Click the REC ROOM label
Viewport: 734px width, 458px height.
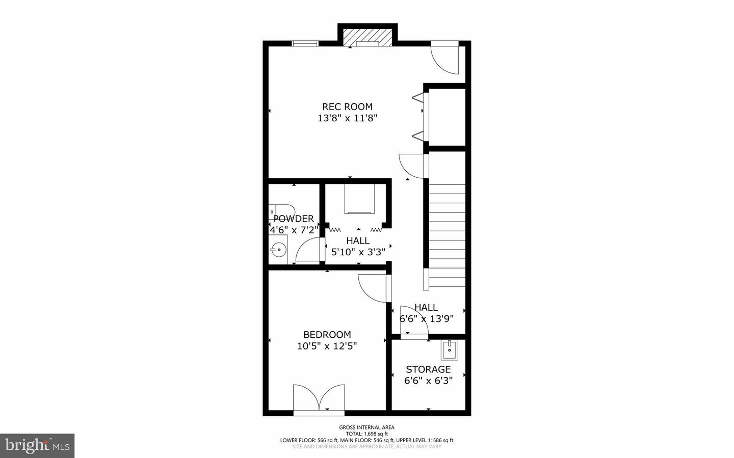point(347,106)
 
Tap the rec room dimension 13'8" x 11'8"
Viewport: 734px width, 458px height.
point(347,118)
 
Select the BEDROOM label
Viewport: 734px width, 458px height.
point(327,335)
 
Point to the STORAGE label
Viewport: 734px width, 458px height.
point(428,369)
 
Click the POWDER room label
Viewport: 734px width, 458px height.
point(293,219)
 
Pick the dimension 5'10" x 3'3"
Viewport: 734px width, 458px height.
point(358,252)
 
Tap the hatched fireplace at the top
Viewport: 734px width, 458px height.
point(367,37)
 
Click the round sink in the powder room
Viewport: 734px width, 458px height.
point(278,250)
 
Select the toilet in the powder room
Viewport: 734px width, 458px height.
point(282,210)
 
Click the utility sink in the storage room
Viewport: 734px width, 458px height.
point(450,349)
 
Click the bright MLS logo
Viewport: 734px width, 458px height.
point(37,446)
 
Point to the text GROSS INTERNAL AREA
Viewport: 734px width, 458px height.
point(366,427)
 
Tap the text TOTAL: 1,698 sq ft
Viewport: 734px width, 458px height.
point(366,434)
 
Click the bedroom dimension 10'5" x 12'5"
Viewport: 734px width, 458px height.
point(327,346)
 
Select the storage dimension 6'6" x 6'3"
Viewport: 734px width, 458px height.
point(428,381)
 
